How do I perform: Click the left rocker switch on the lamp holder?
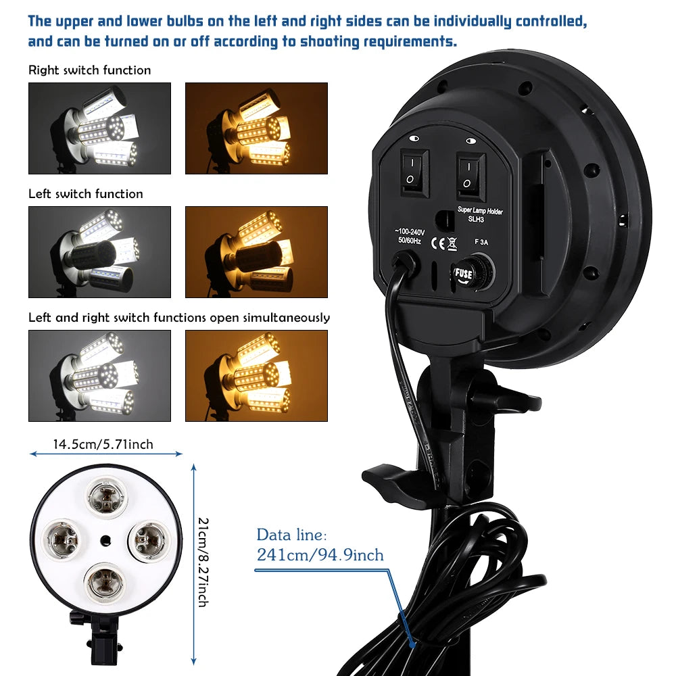point(414,172)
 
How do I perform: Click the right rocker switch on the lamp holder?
point(471,176)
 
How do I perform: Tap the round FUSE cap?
point(472,272)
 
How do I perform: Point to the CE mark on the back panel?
point(437,243)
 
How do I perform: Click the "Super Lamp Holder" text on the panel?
point(480,210)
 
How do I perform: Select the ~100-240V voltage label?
point(409,231)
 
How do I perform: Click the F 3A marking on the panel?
point(481,242)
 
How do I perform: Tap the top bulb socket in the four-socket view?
point(106,496)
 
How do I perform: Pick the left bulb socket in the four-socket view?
point(62,539)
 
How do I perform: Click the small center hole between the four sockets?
point(105,540)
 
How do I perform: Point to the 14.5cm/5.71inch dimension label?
point(103,444)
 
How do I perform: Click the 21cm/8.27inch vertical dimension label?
point(203,562)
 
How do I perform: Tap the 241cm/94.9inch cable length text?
point(320,554)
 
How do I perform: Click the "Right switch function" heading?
point(90,70)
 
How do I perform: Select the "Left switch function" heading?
point(86,193)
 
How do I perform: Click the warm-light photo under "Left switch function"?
point(256,252)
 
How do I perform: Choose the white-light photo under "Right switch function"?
point(99,128)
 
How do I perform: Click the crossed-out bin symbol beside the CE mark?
point(452,243)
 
